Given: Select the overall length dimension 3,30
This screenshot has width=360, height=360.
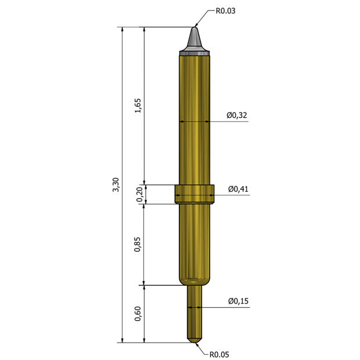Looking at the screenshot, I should (x=116, y=185).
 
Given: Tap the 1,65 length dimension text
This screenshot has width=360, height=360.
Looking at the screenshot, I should (x=138, y=106).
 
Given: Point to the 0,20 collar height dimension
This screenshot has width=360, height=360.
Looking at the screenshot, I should (x=139, y=195).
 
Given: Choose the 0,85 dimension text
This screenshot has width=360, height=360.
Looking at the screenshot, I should (x=138, y=244).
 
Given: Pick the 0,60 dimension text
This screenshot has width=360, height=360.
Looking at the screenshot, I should (x=138, y=314).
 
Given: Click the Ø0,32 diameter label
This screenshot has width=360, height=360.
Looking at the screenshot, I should (x=237, y=116).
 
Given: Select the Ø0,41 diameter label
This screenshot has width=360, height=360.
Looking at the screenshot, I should (x=238, y=189).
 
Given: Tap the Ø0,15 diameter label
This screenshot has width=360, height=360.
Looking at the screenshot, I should (x=238, y=301).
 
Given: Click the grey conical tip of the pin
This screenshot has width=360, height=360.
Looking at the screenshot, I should (x=195, y=41).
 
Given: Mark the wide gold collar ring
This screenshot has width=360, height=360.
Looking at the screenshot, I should (x=195, y=194).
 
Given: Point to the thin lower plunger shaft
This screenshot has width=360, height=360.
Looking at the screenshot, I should (x=195, y=311).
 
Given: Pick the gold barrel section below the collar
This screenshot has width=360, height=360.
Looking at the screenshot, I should (x=195, y=244).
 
